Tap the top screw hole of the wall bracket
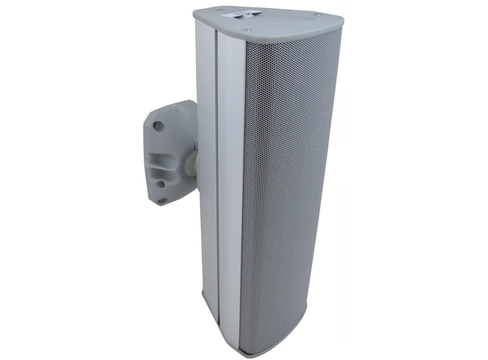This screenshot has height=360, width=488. tap(158, 126)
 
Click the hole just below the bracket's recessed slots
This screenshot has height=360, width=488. tap(162, 183)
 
